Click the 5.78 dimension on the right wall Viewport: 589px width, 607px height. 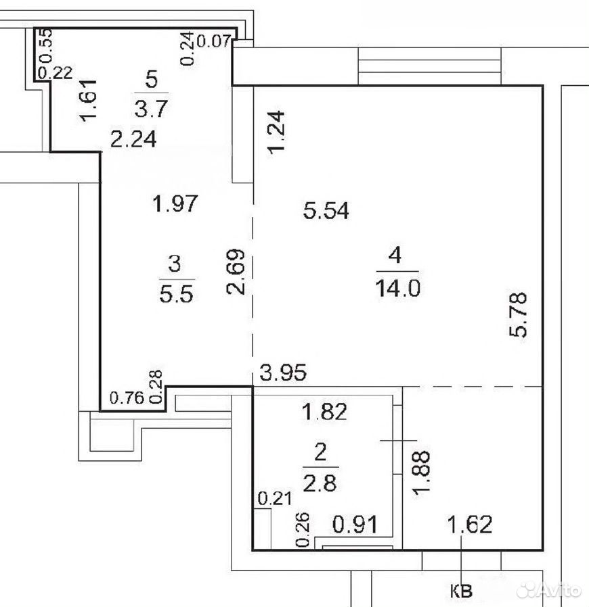[518, 314]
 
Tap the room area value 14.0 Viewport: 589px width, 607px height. [398, 289]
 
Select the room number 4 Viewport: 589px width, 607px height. [395, 255]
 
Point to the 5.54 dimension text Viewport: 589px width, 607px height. [326, 211]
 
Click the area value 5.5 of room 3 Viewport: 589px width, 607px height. [176, 295]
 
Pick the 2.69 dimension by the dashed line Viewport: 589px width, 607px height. [236, 271]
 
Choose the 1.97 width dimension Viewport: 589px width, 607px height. [175, 203]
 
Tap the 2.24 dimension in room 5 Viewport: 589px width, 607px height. [133, 139]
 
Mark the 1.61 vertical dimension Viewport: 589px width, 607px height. [89, 100]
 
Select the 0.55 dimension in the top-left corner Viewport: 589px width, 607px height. [46, 46]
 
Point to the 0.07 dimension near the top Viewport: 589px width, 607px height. [214, 41]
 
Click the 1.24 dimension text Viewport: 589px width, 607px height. [277, 132]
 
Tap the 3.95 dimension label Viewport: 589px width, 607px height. [283, 372]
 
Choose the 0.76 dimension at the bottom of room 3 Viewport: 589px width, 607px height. [127, 397]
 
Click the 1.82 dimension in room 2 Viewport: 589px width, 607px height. [324, 412]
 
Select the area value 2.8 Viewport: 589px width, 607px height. [320, 484]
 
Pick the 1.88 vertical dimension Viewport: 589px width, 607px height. [422, 472]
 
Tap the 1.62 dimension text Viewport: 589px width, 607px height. [470, 525]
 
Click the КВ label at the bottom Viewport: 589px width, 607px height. [461, 591]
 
